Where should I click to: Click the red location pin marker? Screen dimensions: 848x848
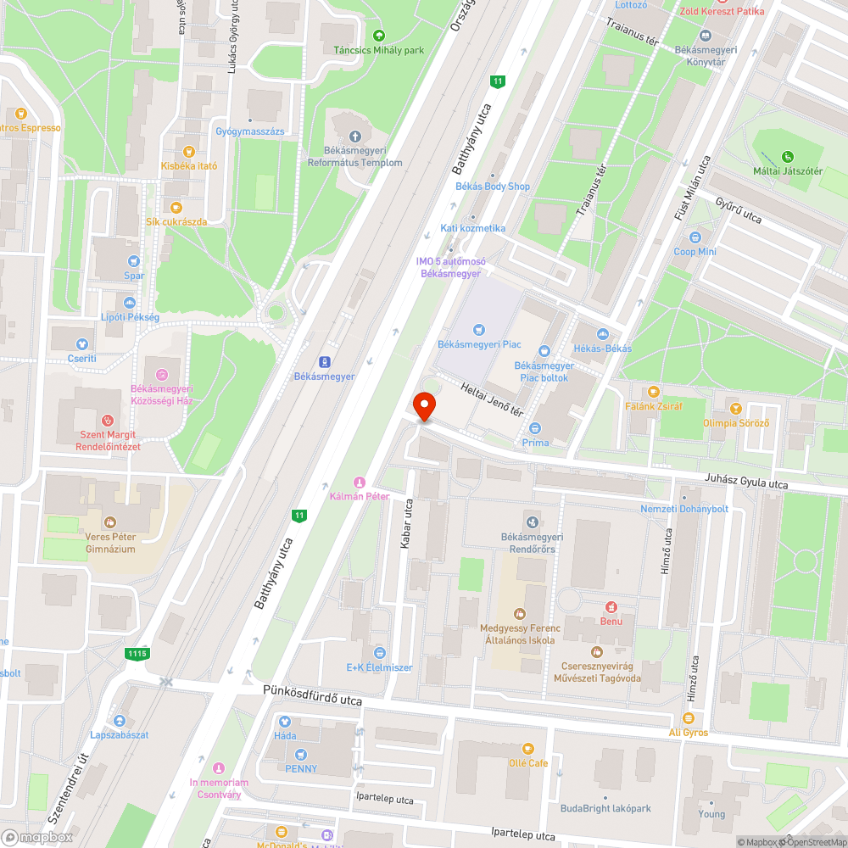[424, 405]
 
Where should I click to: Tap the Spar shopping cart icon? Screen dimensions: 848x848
[133, 261]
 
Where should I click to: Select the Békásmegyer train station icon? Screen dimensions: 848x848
[325, 361]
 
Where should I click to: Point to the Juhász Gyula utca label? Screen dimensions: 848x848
[745, 482]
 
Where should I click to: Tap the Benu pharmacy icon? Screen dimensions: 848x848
[610, 606]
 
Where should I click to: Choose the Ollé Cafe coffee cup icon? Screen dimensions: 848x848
[528, 748]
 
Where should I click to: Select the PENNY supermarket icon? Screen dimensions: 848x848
[300, 754]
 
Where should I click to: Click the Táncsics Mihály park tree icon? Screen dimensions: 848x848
[378, 36]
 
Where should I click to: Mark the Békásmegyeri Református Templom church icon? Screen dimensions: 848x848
[354, 136]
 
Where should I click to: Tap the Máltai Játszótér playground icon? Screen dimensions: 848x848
[788, 156]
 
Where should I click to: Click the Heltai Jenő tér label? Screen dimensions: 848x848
[492, 399]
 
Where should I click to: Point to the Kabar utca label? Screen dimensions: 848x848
[406, 524]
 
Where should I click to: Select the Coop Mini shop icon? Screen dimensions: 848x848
[695, 237]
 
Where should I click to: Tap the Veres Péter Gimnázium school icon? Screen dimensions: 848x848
[109, 522]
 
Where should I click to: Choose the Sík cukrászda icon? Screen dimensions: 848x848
[176, 207]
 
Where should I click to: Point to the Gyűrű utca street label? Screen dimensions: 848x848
[739, 210]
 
